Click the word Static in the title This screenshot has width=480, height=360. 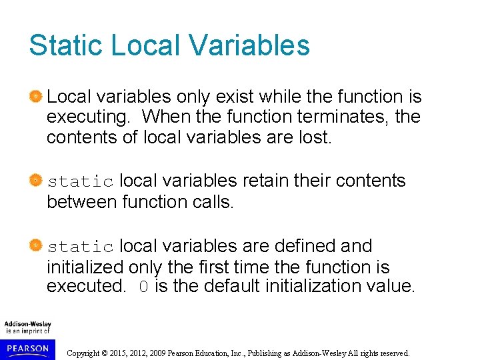pyautogui.click(x=65, y=45)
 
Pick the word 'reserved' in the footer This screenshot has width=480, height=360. pyautogui.click(x=393, y=353)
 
